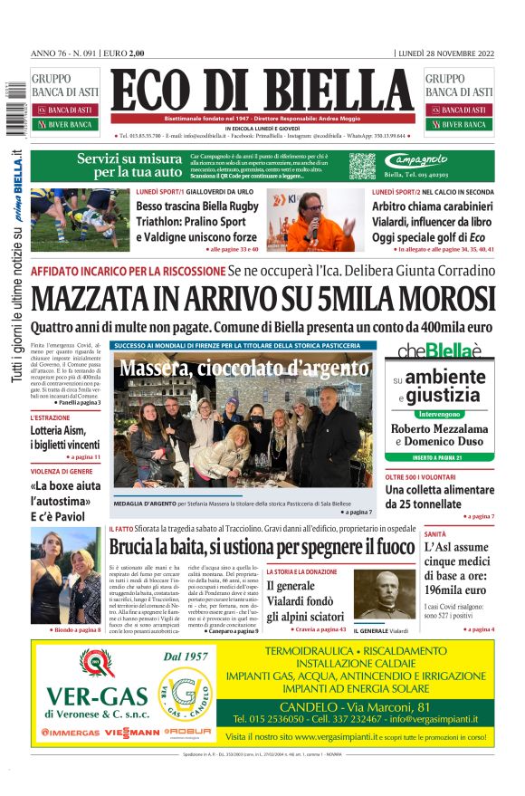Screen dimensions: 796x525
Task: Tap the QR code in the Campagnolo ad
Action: click(x=362, y=166)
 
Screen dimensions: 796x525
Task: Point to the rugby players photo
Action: click(x=80, y=220)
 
